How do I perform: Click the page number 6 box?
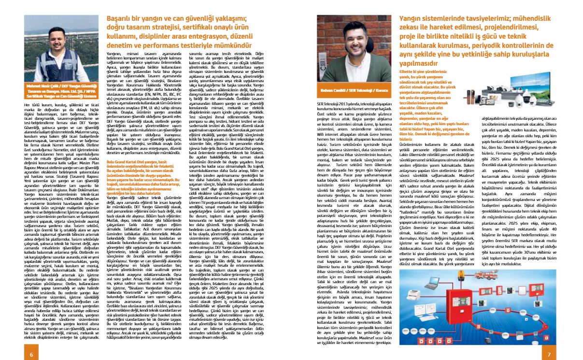pos(31,354)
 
